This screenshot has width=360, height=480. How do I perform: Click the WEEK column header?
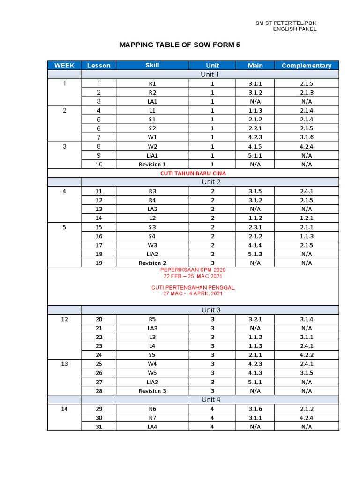[x=64, y=66]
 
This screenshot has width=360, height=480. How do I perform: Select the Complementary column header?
[x=307, y=66]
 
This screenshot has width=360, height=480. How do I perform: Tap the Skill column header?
[x=152, y=66]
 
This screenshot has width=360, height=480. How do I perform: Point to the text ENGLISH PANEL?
[x=294, y=29]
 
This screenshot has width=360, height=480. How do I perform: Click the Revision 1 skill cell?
[x=152, y=165]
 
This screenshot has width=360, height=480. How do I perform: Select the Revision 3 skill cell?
[x=152, y=391]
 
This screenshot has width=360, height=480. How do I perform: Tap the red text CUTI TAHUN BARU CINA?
[x=193, y=173]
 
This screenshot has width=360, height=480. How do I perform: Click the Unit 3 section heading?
[x=210, y=310]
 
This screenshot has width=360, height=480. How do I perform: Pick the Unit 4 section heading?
[x=210, y=399]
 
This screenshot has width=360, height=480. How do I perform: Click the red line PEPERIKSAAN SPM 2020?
[x=193, y=270]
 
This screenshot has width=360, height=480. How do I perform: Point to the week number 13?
[x=64, y=364]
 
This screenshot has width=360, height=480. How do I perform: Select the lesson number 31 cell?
[x=99, y=427]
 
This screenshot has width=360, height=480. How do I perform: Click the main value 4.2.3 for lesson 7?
[x=255, y=137]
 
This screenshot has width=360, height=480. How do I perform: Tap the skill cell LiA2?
[x=152, y=254]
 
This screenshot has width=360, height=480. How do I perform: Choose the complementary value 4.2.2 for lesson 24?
[x=307, y=355]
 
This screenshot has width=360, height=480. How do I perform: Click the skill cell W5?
[x=152, y=373]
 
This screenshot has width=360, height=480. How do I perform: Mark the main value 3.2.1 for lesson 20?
[x=255, y=319]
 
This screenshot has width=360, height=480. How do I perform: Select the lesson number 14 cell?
[x=99, y=218]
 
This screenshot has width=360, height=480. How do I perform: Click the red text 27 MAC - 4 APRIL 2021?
[x=193, y=293]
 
